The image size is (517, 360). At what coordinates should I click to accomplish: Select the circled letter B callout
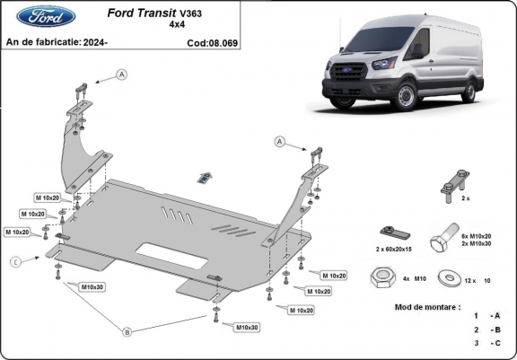coord(128,332)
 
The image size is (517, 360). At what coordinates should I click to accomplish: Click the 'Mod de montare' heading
coord(427,307)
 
